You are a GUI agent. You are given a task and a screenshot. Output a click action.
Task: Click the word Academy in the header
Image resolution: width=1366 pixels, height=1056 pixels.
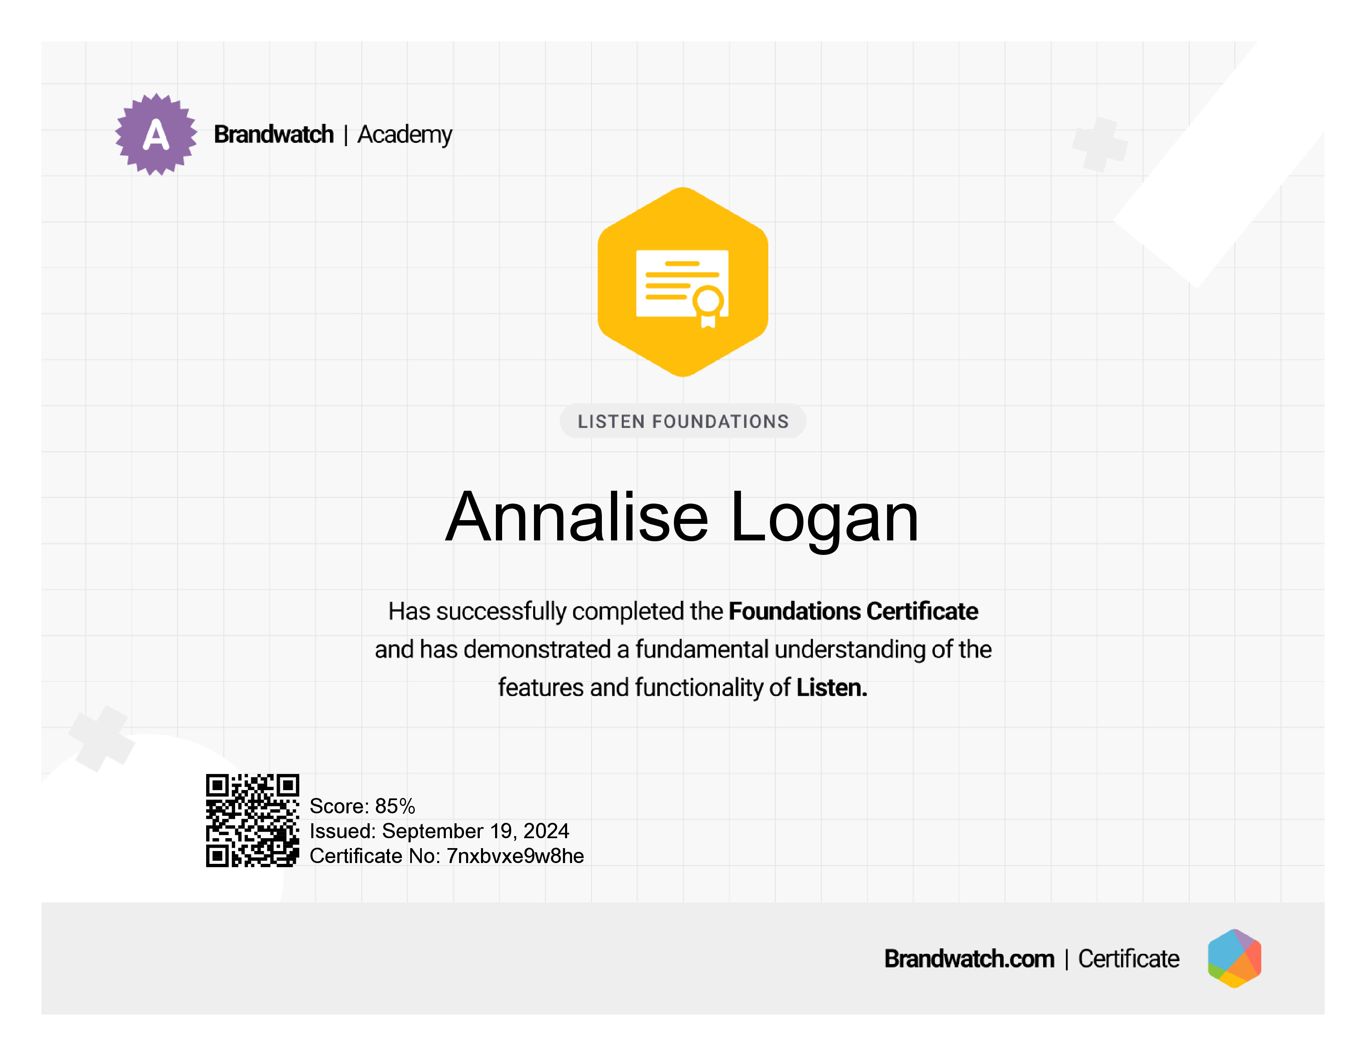405,135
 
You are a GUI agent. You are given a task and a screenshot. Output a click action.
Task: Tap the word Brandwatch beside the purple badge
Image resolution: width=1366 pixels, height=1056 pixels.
274,135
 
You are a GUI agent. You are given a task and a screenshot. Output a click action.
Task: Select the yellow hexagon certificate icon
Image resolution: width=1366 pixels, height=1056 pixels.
683,282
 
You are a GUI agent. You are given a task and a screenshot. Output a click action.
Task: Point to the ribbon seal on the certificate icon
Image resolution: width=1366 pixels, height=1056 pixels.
708,306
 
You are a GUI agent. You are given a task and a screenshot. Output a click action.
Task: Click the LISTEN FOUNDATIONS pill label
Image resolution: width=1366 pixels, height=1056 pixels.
683,421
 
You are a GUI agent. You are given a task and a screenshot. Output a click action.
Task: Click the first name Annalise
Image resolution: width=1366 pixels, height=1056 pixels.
577,517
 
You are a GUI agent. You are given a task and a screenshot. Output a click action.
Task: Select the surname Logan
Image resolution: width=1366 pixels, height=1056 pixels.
824,521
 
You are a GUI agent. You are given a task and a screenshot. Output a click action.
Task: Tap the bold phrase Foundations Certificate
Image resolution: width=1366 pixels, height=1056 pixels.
853,611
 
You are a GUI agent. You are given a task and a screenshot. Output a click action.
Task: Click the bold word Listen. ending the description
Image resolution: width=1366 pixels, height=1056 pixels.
832,687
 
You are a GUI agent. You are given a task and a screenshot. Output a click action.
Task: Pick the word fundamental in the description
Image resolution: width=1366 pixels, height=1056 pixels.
702,649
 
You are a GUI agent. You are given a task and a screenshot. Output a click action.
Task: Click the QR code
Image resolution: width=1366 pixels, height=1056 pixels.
253,820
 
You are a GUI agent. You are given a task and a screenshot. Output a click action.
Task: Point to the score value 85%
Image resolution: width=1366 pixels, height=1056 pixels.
395,806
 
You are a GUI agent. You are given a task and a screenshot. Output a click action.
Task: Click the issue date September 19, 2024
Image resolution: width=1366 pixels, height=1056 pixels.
475,831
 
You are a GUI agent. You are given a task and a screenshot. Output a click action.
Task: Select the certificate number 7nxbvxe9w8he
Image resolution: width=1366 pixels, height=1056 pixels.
515,856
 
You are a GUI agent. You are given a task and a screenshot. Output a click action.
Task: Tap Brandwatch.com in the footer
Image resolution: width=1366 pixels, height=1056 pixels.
969,958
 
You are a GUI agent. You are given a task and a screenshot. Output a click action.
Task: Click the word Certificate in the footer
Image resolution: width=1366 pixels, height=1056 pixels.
1128,958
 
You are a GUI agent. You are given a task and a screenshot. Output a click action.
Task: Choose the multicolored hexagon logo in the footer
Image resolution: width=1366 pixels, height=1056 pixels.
1235,958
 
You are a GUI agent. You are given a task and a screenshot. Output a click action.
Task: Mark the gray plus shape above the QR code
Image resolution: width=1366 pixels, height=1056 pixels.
102,739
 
